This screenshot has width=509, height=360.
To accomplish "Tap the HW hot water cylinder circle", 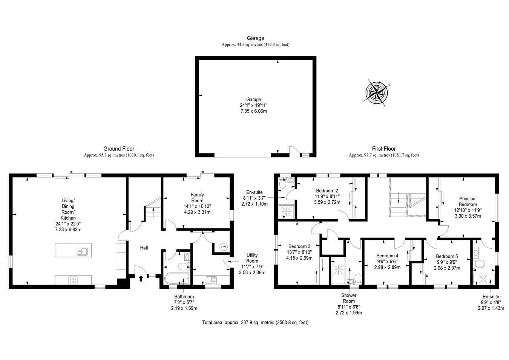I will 223,247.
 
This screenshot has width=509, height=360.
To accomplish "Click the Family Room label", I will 197,197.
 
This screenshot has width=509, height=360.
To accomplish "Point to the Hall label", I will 144,248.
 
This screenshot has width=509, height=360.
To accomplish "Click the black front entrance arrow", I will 141,278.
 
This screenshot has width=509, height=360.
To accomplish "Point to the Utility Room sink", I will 211,280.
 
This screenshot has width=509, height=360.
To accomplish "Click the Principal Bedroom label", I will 468,202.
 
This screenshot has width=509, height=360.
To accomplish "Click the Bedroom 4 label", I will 387,255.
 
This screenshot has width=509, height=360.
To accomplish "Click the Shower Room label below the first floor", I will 349,298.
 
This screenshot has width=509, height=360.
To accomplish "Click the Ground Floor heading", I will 119,149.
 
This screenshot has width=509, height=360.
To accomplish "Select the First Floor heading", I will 383,149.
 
